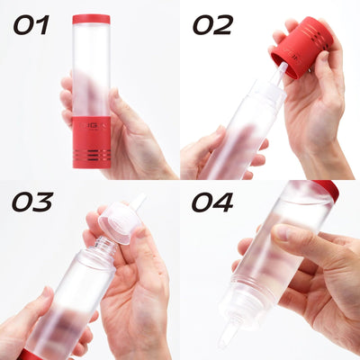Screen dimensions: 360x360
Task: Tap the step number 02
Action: (211, 23)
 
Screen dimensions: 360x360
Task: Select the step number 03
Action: (31, 201)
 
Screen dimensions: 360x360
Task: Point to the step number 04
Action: (212, 201)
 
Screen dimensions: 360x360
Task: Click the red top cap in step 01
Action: (91, 19)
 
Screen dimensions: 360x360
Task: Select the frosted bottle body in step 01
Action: (91, 72)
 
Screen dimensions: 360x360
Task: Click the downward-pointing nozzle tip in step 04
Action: (229, 337)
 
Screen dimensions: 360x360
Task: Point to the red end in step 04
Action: (327, 189)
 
